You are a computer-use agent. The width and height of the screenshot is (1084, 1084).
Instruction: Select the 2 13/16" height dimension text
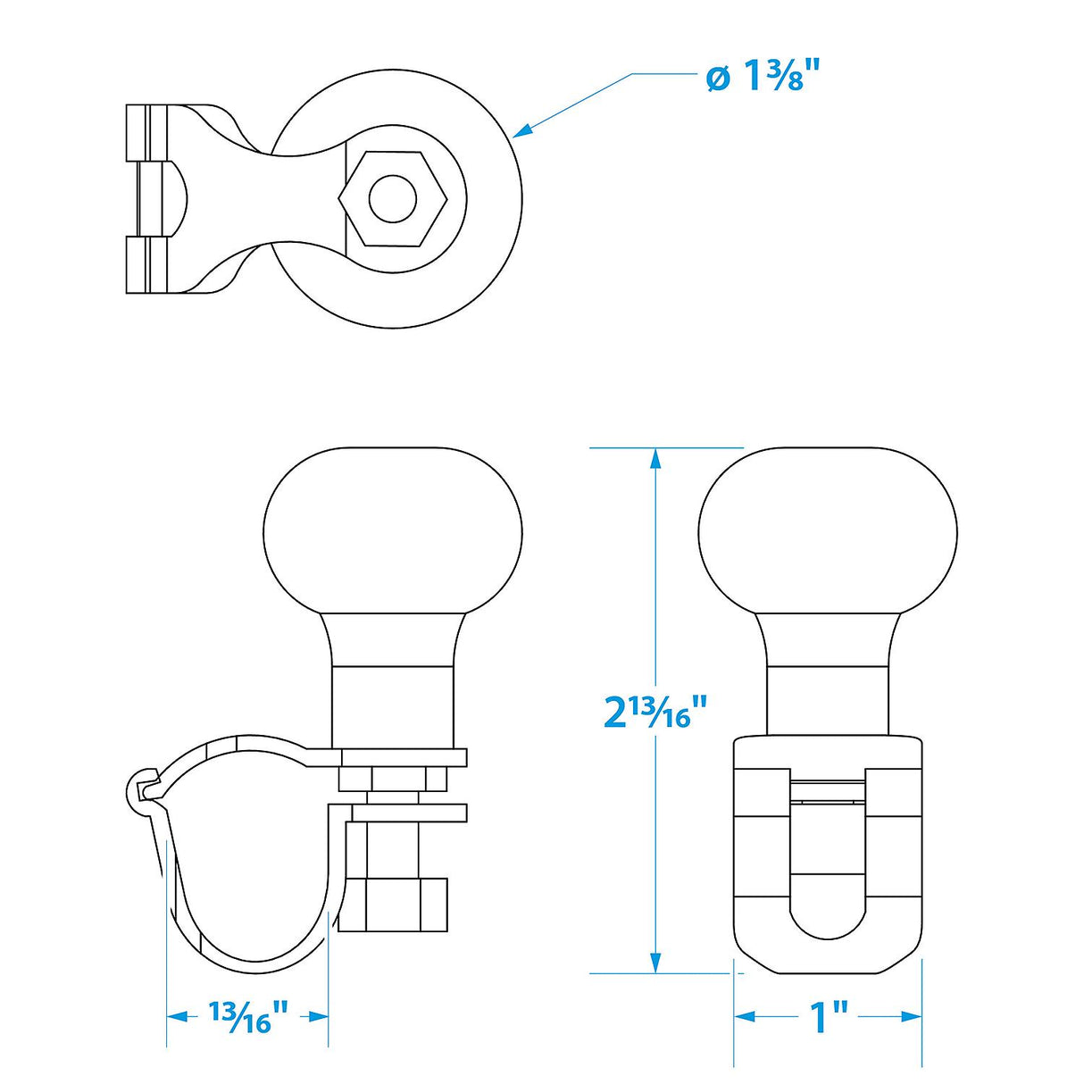tap(655, 712)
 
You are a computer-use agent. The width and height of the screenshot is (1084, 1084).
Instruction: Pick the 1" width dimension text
tap(828, 1017)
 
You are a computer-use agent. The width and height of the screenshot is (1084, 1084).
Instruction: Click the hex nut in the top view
tap(392, 198)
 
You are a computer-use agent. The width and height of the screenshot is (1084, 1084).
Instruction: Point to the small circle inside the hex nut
tap(392, 198)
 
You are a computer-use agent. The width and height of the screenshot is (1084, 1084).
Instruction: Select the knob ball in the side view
tap(393, 531)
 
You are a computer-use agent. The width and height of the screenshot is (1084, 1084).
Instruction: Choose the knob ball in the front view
tap(828, 531)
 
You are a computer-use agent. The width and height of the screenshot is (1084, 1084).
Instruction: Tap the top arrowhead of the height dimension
tap(655, 458)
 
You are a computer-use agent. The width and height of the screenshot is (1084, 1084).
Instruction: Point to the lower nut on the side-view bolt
tap(393, 904)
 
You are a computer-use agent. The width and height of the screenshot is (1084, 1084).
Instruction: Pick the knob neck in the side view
tap(393, 683)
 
